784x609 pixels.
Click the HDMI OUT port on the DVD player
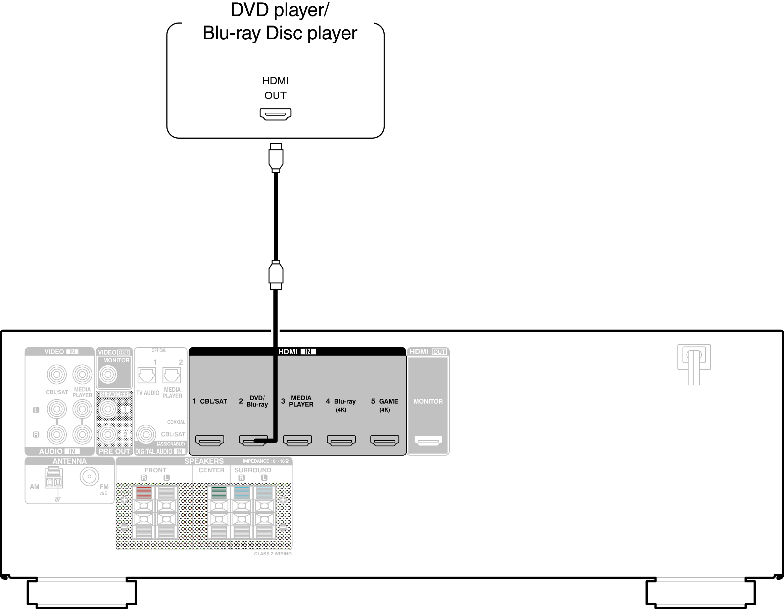coord(275,114)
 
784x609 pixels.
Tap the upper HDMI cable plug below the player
coord(276,157)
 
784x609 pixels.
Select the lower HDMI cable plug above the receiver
coord(276,275)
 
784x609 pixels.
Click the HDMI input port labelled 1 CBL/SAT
coord(210,440)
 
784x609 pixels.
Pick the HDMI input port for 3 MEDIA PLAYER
coord(298,440)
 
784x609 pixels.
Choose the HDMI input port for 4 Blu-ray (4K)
coord(341,440)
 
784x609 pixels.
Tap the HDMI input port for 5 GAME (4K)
coord(385,440)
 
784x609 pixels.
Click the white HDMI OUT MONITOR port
coord(428,440)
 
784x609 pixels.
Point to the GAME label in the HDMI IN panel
coord(389,401)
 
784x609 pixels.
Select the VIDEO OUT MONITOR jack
coord(108,375)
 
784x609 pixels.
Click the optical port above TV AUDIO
coord(147,375)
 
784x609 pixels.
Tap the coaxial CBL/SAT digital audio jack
coord(146,435)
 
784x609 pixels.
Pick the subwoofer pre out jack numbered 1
coord(108,409)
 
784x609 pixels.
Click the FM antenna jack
coord(89,476)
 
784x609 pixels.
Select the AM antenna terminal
coord(53,478)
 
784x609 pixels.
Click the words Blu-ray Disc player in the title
coord(280,33)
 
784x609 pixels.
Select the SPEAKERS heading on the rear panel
coord(204,461)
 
